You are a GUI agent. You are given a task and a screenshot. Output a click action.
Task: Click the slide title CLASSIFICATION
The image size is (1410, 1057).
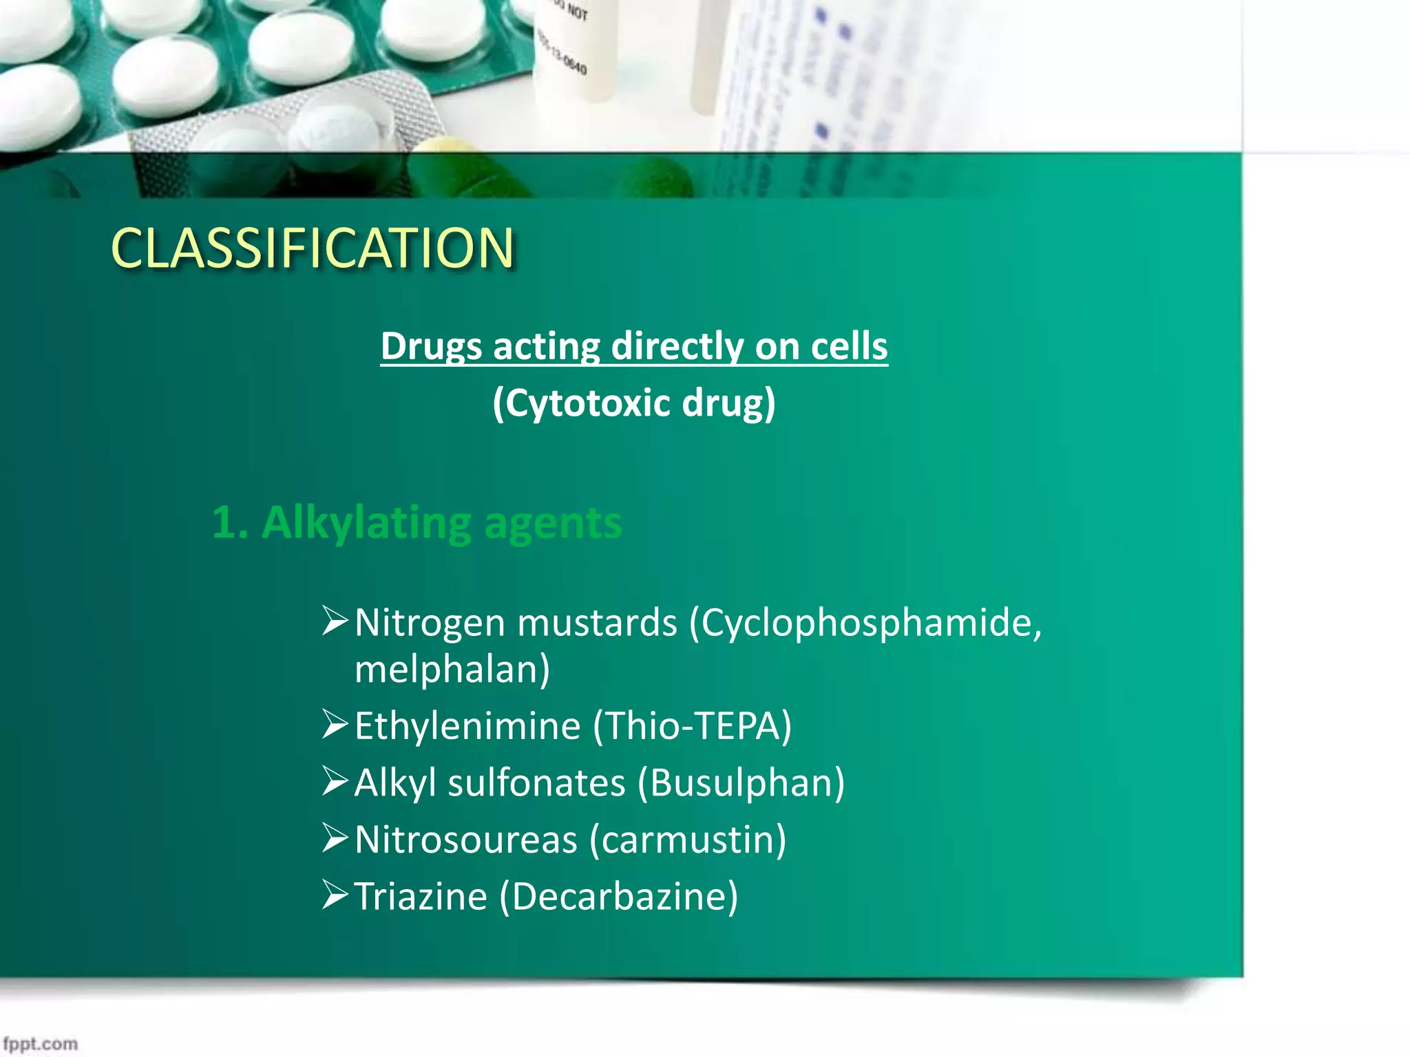point(313,248)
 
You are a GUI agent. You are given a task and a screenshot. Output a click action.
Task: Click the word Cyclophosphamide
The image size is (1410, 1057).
point(866,622)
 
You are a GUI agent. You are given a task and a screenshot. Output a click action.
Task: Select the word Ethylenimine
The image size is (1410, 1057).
point(467,726)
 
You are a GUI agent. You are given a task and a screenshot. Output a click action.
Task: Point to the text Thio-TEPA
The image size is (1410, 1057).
point(692,726)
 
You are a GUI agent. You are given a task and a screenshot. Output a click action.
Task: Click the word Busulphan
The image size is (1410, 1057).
point(741,783)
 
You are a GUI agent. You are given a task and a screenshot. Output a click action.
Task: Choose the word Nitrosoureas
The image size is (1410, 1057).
point(466,840)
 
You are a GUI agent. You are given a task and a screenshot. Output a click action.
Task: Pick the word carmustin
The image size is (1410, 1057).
point(688,840)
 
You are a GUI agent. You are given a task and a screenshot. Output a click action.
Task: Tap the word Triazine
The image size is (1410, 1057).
point(421,897)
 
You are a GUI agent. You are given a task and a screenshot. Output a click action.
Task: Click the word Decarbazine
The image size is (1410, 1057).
point(619,897)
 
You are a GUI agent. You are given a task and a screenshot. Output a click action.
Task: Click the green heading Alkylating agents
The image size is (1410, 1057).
point(441,523)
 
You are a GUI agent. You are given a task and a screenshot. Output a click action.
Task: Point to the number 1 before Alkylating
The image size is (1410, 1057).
point(224,523)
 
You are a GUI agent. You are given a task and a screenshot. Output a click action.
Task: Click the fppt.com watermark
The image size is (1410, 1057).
point(40,1044)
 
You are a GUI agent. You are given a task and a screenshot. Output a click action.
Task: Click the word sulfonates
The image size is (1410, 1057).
point(536,783)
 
